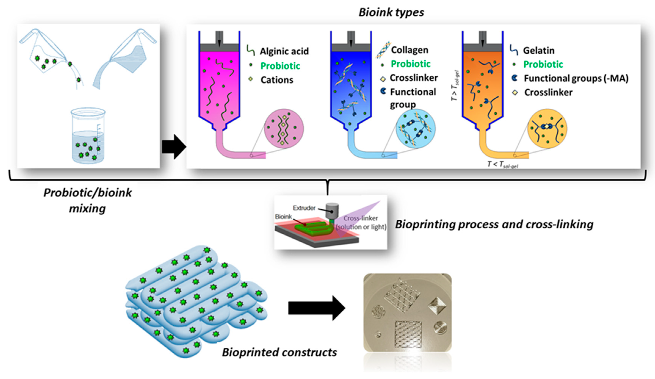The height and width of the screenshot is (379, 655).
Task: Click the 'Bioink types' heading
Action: pos(391,12)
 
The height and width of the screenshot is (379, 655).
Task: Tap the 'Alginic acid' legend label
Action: pos(284,51)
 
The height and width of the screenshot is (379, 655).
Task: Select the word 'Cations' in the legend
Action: pos(277,80)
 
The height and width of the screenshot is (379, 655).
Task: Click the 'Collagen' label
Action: pos(409,50)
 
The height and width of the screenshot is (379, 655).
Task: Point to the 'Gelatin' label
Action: pos(539,50)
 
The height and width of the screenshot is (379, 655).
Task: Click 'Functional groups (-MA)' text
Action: pos(576,78)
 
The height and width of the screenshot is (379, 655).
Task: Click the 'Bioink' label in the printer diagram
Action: pos(283,217)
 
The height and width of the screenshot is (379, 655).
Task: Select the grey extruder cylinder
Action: pos(332,211)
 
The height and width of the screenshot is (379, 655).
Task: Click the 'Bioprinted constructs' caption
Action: pos(279,352)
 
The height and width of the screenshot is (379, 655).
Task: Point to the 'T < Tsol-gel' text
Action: pos(502,164)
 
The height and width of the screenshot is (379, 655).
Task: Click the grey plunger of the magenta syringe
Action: pos(219,47)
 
